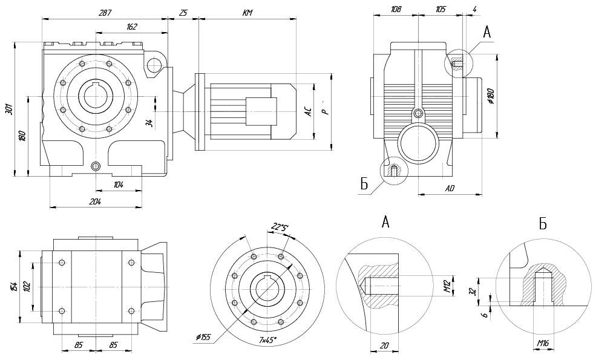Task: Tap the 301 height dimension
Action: pos(8,109)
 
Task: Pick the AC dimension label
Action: pos(308,111)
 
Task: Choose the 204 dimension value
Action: pos(96,201)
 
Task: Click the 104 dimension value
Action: pos(118,185)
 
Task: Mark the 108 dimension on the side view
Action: pos(396,9)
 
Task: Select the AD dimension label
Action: pos(450,189)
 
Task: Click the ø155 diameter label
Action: pos(203,337)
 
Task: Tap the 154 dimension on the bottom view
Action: pos(13,284)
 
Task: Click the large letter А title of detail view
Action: pos(385,222)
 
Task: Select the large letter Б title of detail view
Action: pos(543,224)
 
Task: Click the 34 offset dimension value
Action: pos(149,122)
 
